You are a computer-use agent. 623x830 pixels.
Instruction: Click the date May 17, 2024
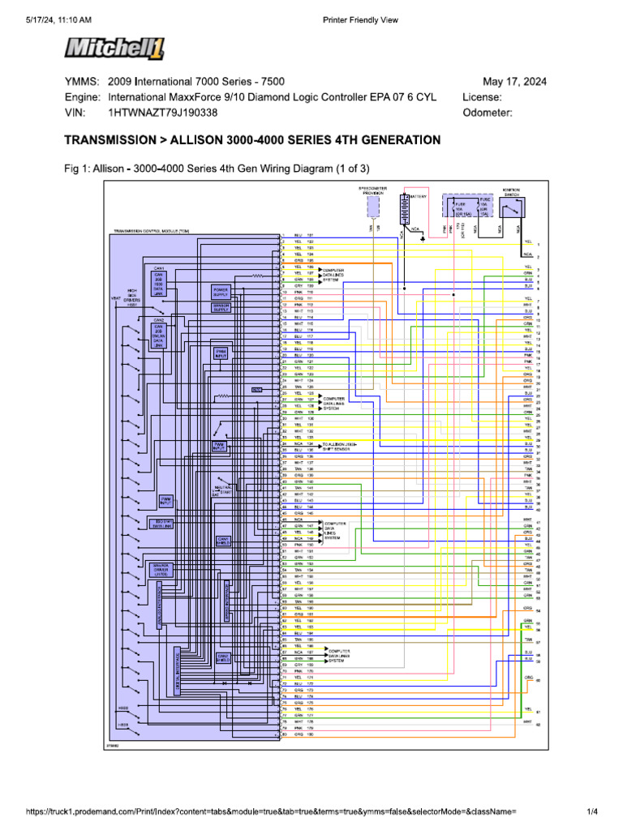[x=514, y=82]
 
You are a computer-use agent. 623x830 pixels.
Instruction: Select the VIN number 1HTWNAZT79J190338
[x=163, y=113]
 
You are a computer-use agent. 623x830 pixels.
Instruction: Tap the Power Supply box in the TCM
[x=221, y=290]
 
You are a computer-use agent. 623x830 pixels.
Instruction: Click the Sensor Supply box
[x=221, y=307]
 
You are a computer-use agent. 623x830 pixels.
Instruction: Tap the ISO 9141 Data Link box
[x=163, y=524]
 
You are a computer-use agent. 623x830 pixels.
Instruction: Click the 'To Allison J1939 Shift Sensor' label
[x=340, y=447]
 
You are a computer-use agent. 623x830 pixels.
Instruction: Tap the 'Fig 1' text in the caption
[x=75, y=169]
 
